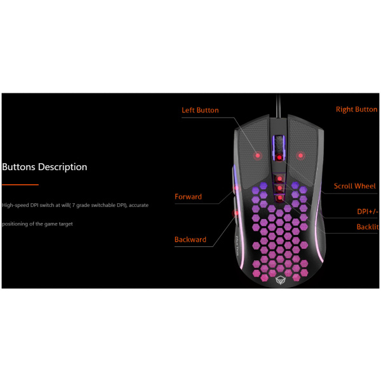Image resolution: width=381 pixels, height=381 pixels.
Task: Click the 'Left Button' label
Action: (x=200, y=110)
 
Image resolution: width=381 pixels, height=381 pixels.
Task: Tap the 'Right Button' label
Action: (x=356, y=110)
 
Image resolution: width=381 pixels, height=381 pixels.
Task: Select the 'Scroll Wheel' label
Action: (x=355, y=186)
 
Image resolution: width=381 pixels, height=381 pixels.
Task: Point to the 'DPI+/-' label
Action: (x=368, y=211)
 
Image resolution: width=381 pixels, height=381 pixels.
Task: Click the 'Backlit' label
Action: (x=368, y=227)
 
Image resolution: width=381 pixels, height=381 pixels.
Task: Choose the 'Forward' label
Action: (x=188, y=197)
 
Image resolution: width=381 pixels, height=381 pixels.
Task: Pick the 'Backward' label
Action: (x=190, y=240)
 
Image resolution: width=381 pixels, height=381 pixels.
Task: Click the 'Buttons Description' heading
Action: (x=45, y=167)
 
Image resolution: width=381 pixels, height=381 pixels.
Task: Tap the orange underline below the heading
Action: (x=20, y=185)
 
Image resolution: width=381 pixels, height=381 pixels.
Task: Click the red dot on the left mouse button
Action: (x=257, y=155)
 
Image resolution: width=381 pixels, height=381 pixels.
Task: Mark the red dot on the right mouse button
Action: (x=300, y=155)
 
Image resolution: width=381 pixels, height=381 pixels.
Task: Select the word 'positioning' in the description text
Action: (x=16, y=224)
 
